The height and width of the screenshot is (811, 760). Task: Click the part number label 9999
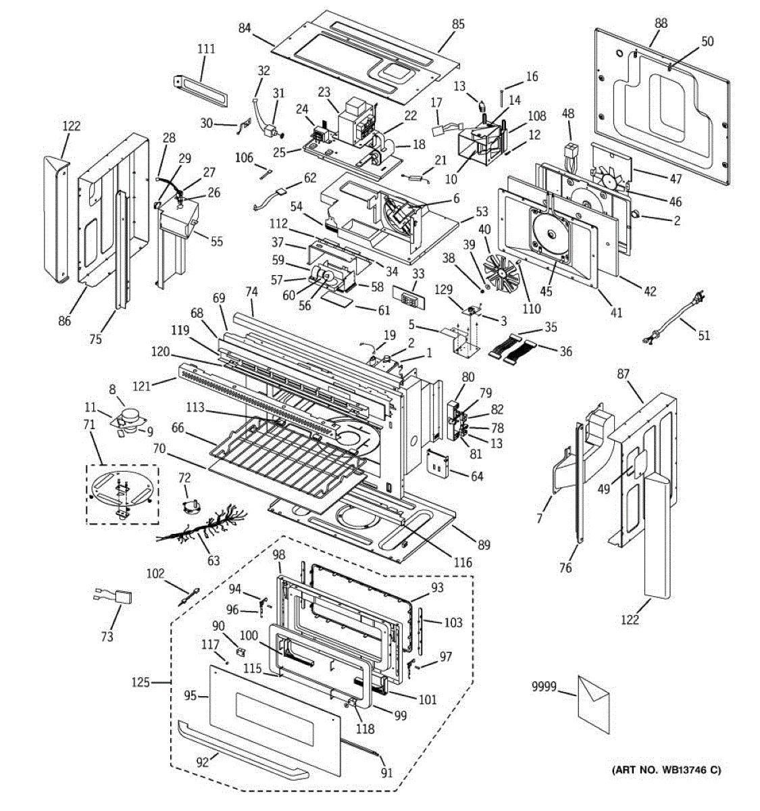click(x=544, y=687)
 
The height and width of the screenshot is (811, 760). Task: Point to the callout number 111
click(x=206, y=49)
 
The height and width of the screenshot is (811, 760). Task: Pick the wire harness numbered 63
click(x=202, y=527)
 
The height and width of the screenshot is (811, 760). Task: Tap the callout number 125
click(x=141, y=683)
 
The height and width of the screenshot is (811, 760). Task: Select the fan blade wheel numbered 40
click(x=501, y=273)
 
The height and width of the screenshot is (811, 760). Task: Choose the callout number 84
click(x=244, y=28)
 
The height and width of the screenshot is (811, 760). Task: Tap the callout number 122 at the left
click(x=72, y=126)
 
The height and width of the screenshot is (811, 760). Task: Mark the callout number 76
click(x=565, y=567)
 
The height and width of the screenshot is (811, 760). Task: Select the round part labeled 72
click(x=191, y=506)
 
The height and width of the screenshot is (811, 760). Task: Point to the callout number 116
click(x=463, y=562)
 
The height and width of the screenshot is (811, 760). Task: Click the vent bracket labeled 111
click(x=200, y=91)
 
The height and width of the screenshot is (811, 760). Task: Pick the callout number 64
click(x=477, y=476)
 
